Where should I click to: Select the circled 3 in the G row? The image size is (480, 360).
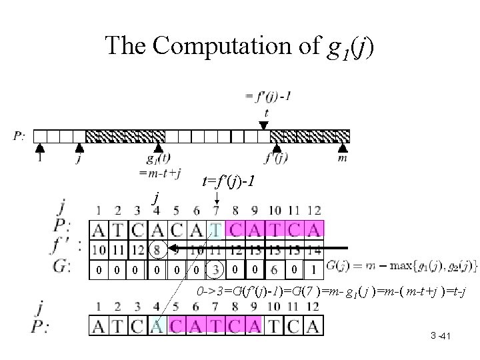coord(217,270)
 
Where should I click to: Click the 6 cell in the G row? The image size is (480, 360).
coord(273,270)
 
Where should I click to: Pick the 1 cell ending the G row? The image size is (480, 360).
coord(314,270)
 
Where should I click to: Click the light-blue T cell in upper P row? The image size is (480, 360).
coord(217,231)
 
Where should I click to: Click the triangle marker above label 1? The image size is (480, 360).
coord(39,147)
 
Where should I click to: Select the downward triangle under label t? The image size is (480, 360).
coord(264,125)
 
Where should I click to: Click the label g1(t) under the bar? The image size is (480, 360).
coord(158,160)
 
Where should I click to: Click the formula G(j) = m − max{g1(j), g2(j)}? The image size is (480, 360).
coord(401,267)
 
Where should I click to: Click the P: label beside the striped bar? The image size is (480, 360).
coord(21,137)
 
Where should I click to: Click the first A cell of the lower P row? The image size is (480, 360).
coord(99,326)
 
